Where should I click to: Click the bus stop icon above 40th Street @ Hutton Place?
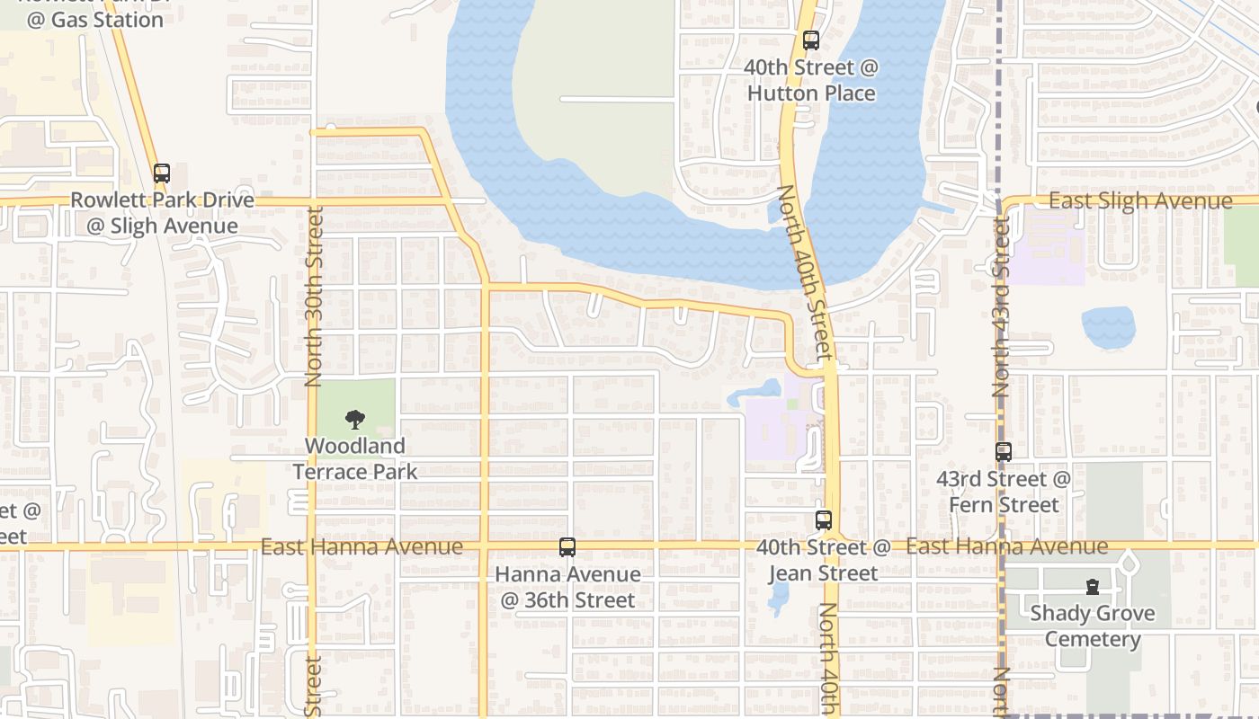pyautogui.click(x=811, y=40)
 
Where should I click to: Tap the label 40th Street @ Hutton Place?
pyautogui.click(x=812, y=80)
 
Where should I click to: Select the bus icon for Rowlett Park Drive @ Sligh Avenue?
pyautogui.click(x=162, y=173)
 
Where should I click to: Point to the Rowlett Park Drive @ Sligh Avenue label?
pyautogui.click(x=163, y=213)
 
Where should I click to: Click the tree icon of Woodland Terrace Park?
pyautogui.click(x=355, y=419)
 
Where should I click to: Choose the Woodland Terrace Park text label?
pyautogui.click(x=355, y=458)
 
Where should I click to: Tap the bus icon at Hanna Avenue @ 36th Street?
pyautogui.click(x=567, y=546)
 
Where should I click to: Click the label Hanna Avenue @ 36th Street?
pyautogui.click(x=567, y=587)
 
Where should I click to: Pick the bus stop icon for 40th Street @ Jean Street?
pyautogui.click(x=824, y=520)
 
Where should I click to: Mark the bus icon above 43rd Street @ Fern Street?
pyautogui.click(x=1004, y=452)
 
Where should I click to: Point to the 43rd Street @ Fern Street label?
pyautogui.click(x=1004, y=492)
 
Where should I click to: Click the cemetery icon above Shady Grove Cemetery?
pyautogui.click(x=1093, y=587)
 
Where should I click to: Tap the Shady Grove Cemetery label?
pyautogui.click(x=1093, y=626)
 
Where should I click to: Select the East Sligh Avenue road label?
pyautogui.click(x=1140, y=200)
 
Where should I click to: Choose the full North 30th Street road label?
pyautogui.click(x=314, y=297)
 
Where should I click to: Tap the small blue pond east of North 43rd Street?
pyautogui.click(x=1108, y=327)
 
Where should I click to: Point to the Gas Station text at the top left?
pyautogui.click(x=95, y=20)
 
